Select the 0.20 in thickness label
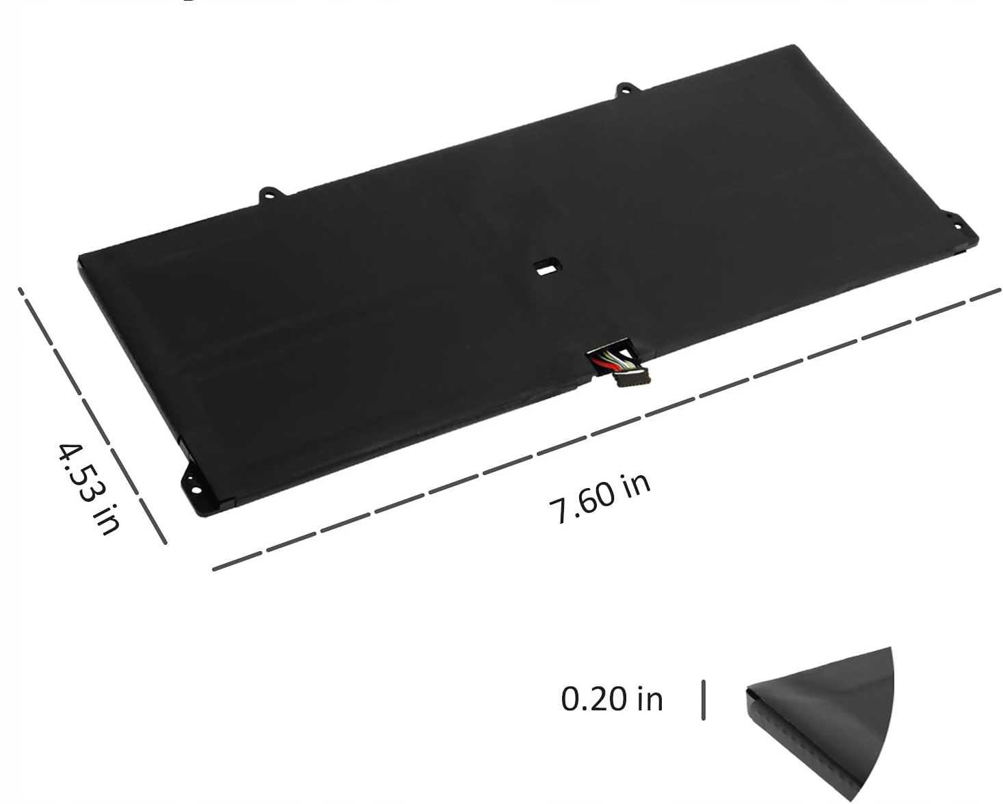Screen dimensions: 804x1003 point(612,699)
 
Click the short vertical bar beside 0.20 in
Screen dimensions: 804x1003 point(703,699)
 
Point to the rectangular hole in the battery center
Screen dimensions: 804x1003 point(547,267)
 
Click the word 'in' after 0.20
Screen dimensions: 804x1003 point(650,699)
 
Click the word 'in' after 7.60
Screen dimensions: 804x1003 point(635,484)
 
